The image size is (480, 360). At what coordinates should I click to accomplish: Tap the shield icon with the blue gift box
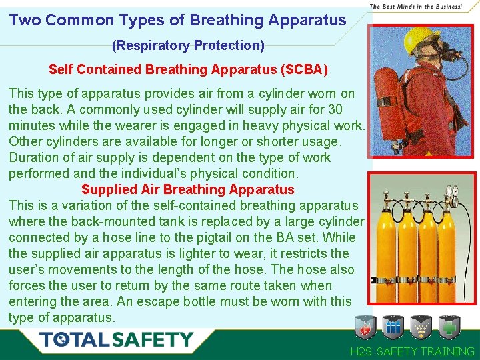coord(393,327)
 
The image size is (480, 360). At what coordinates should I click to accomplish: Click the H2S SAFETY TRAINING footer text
coord(413,351)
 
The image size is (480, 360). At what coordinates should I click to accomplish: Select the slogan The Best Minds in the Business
coord(415,6)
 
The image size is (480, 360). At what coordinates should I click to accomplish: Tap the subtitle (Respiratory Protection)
coord(188,46)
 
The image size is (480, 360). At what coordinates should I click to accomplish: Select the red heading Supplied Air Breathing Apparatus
coord(187,189)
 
